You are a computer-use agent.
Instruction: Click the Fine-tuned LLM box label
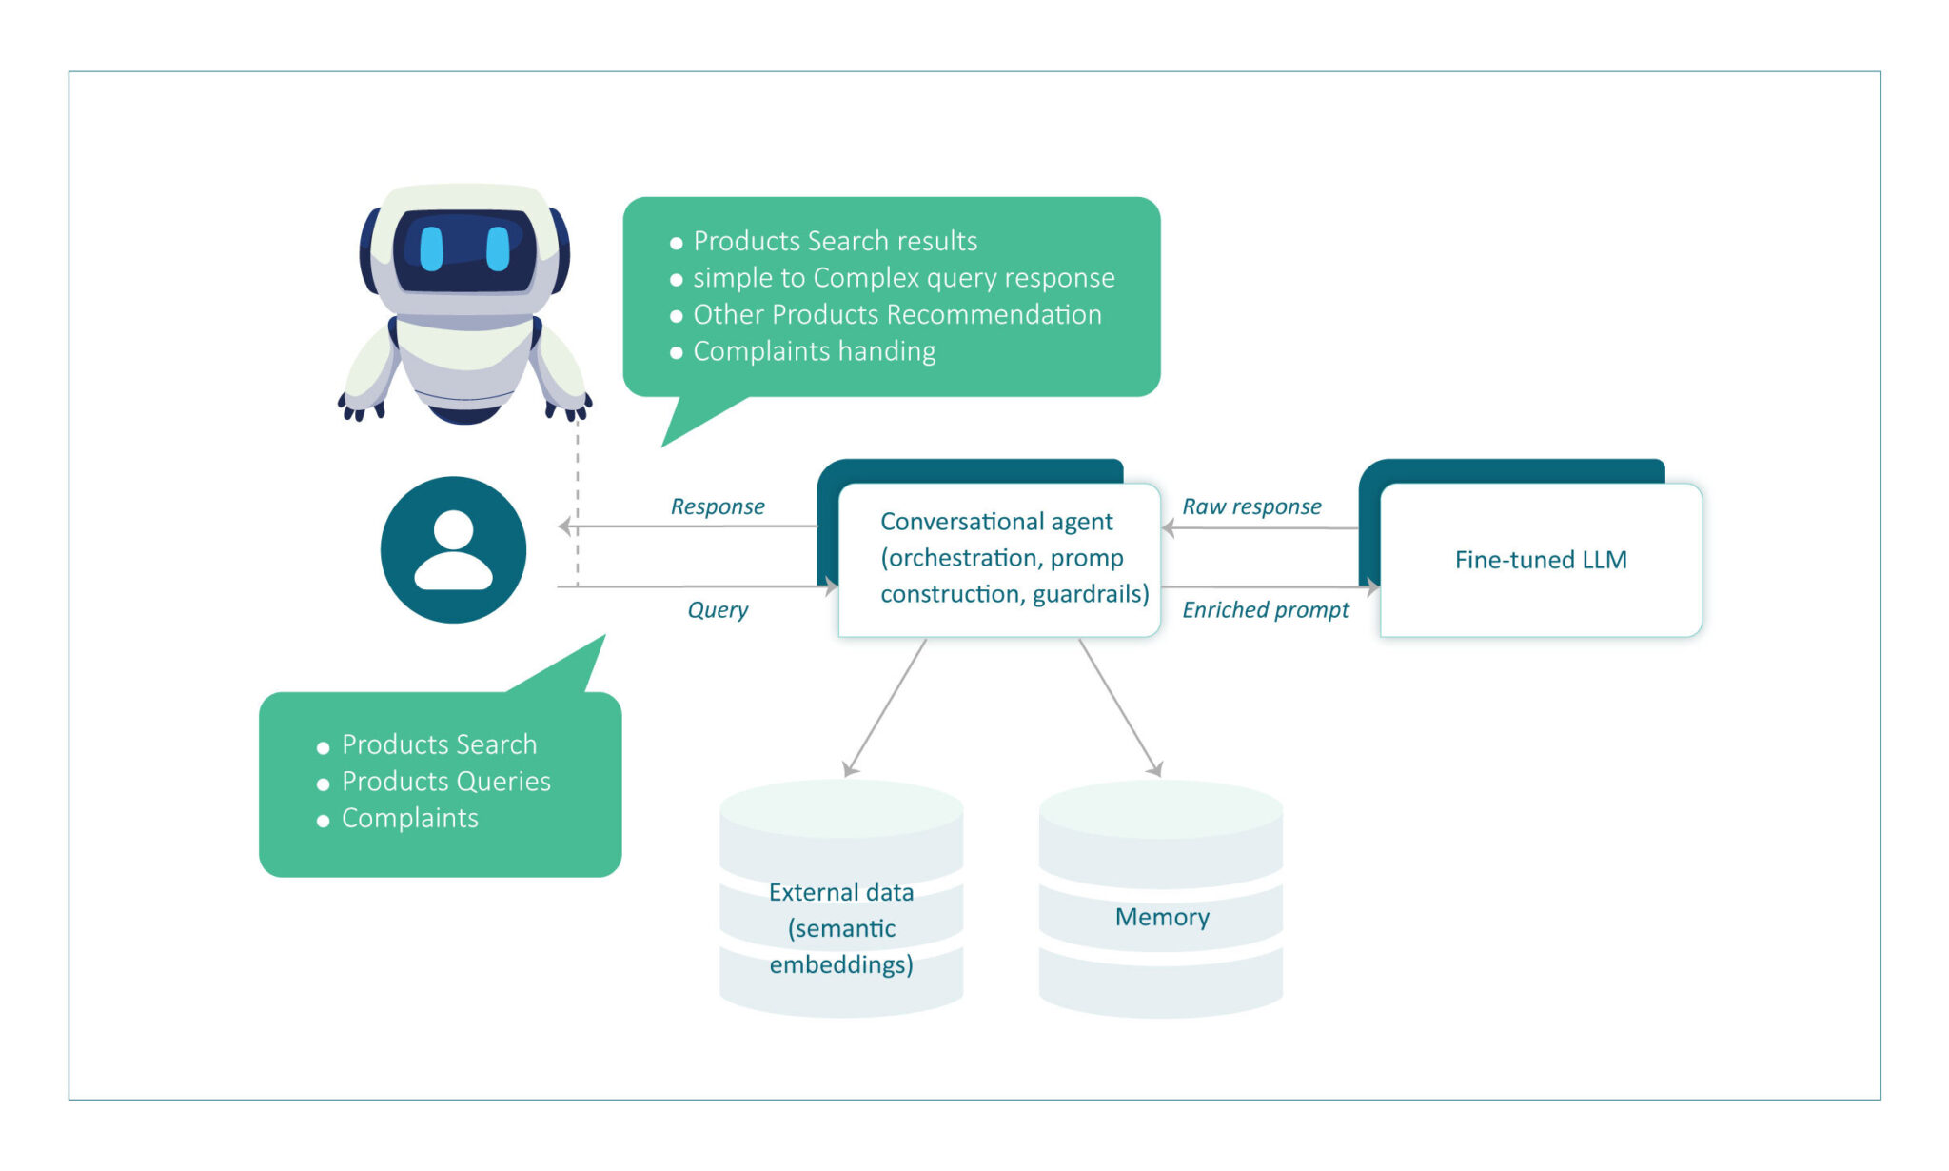[1540, 560]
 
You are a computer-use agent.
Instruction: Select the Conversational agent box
[998, 559]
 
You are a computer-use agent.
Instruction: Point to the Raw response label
[1251, 506]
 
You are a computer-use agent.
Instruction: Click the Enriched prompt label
[1265, 609]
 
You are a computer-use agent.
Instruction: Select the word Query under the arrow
[718, 609]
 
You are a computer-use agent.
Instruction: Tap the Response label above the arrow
[718, 506]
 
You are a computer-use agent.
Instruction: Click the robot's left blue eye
[432, 248]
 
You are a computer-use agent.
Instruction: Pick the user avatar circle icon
[453, 550]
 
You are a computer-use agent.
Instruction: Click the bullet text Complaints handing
[814, 351]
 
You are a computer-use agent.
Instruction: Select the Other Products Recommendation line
[896, 314]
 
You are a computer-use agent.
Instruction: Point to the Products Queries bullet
[445, 782]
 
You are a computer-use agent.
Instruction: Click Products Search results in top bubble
[835, 241]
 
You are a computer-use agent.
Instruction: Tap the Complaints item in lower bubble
[409, 819]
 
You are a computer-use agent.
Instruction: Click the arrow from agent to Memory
[1120, 707]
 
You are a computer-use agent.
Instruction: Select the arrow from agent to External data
[886, 707]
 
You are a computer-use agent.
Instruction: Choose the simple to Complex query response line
[903, 278]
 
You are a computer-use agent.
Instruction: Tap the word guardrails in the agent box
[1090, 594]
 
